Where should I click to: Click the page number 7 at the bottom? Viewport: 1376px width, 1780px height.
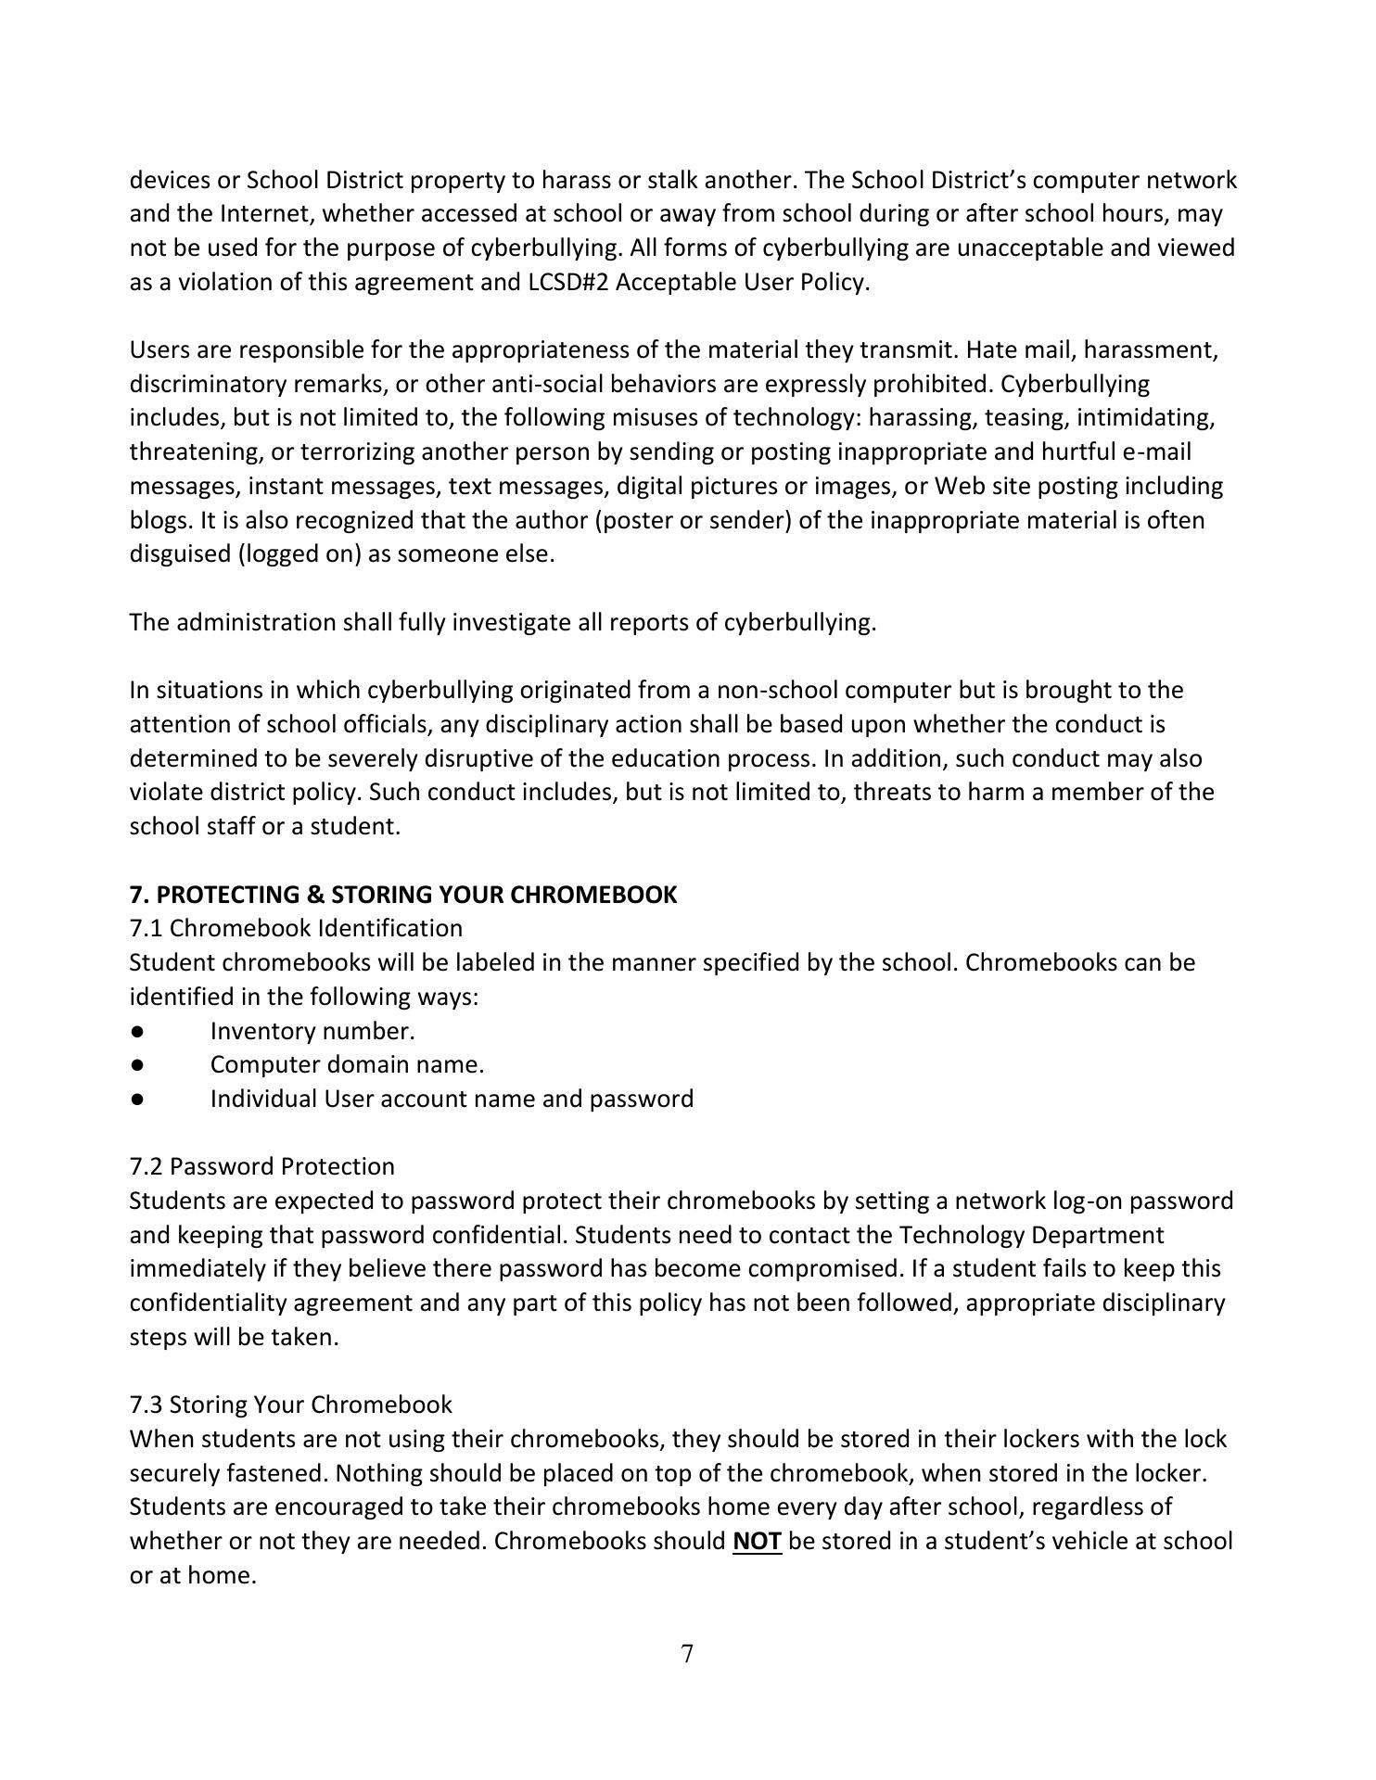[x=687, y=1654]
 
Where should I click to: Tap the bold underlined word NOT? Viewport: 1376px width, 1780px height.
[x=757, y=1541]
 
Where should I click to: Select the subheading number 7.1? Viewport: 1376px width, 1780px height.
[x=147, y=928]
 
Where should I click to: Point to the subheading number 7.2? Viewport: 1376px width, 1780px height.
[x=147, y=1166]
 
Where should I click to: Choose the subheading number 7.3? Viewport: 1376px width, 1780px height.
[x=147, y=1405]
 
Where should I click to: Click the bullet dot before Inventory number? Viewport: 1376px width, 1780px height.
[x=137, y=1031]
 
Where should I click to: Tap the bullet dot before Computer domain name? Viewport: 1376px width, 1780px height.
[x=137, y=1065]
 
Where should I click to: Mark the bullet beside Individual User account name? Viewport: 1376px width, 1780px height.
[x=137, y=1100]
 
